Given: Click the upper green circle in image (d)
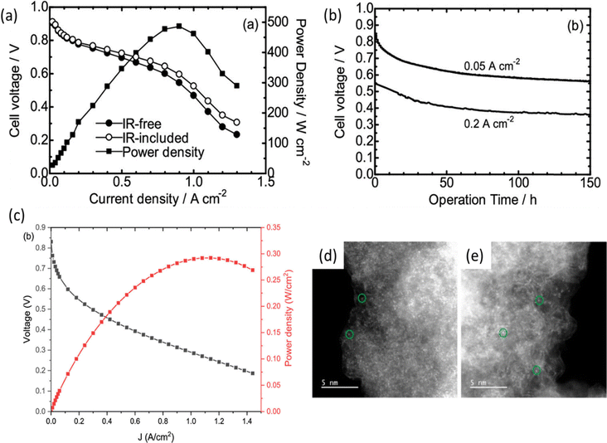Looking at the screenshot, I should tap(362, 298).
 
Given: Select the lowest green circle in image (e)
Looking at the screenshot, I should tap(537, 369).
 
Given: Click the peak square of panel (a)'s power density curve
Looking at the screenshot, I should tap(179, 27).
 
